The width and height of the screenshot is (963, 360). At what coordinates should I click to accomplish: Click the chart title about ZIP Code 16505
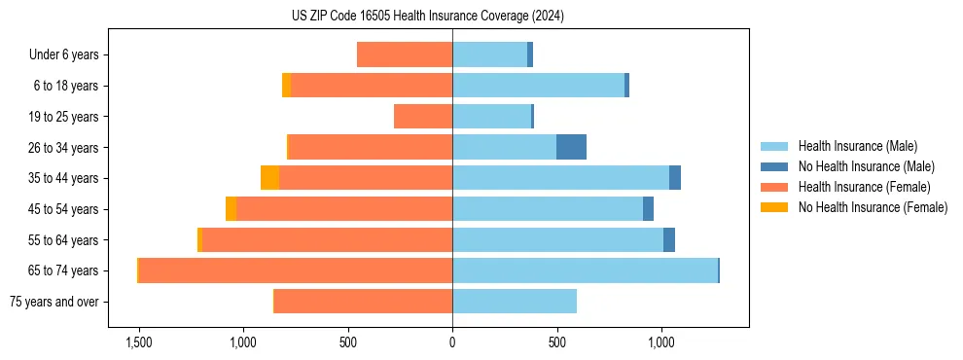tap(427, 17)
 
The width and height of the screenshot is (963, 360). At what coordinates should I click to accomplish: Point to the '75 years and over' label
tap(53, 302)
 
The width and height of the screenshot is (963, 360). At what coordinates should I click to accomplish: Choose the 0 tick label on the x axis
tap(452, 342)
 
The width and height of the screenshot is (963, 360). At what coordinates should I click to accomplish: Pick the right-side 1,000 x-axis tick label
tap(660, 342)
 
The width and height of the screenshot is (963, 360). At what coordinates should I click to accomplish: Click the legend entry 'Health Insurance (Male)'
tap(857, 146)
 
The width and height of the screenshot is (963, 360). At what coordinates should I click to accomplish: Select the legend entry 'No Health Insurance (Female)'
tap(873, 207)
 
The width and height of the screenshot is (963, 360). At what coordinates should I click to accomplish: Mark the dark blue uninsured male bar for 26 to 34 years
tap(571, 147)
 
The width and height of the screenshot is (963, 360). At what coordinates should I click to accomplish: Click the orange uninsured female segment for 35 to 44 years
tap(269, 178)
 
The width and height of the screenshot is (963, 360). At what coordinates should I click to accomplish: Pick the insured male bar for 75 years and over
tap(515, 302)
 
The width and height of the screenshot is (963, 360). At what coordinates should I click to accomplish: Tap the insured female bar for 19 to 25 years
tap(423, 117)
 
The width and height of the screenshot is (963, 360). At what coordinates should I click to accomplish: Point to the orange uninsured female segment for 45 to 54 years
tap(231, 209)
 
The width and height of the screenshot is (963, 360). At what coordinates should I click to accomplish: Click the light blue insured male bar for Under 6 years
tap(489, 54)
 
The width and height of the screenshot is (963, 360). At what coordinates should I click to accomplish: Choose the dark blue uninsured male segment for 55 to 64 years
tap(669, 239)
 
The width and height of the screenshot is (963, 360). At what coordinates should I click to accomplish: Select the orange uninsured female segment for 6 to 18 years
tap(286, 86)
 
